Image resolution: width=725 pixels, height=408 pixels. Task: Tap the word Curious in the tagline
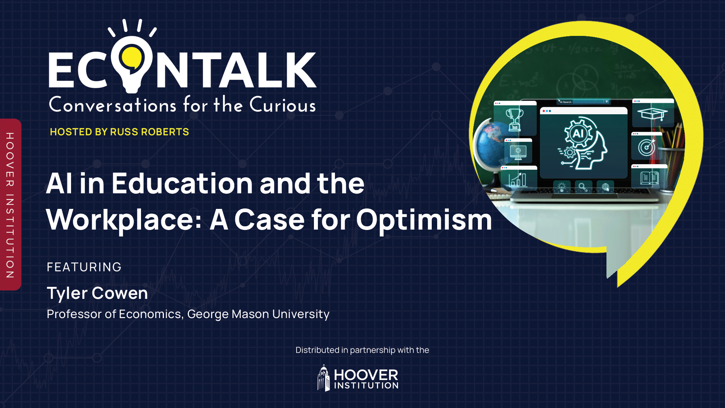282,105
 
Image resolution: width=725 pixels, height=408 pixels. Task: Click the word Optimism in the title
424,220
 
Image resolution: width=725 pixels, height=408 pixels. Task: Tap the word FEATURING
84,267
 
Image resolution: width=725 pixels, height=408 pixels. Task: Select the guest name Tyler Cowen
97,293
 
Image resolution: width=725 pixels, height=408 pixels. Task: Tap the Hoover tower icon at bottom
323,378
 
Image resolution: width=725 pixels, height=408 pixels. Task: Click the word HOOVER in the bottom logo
366,375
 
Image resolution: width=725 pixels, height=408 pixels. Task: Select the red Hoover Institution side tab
10,205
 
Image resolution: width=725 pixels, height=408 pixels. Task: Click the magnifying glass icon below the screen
583,187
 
